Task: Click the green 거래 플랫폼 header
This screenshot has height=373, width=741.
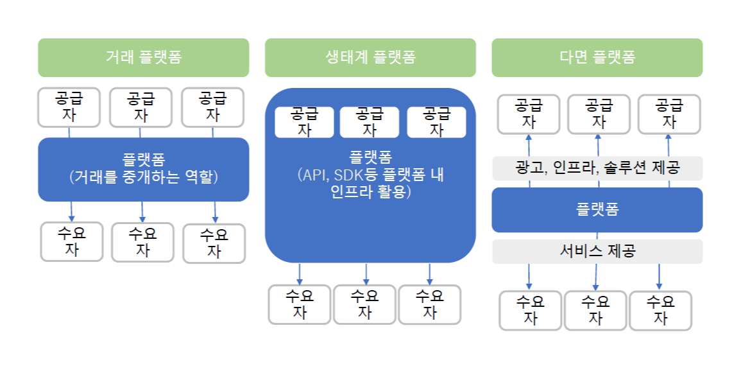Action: click(143, 57)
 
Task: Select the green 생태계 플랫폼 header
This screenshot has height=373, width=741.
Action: click(370, 57)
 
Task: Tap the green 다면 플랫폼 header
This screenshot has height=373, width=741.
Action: click(597, 57)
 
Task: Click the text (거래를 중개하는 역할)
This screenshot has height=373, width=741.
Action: click(143, 177)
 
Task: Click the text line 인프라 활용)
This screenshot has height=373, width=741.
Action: click(370, 191)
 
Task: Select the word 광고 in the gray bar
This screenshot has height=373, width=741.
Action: click(529, 168)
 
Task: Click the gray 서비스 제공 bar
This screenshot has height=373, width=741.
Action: click(597, 251)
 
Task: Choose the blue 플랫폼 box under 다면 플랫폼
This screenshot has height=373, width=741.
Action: click(597, 209)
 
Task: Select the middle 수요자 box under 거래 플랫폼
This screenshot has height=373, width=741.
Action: click(142, 242)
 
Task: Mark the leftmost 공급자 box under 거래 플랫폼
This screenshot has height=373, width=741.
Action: click(69, 107)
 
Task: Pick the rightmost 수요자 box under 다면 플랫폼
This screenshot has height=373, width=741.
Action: click(660, 310)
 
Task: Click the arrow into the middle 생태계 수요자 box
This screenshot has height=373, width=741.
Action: click(366, 274)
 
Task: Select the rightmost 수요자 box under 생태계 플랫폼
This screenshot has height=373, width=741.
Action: click(429, 304)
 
